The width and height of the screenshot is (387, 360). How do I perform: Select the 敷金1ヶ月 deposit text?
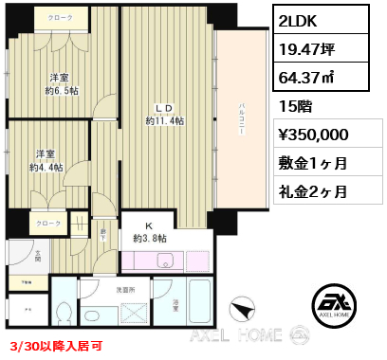[313, 164]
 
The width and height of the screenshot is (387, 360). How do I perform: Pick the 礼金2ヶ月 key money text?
[313, 190]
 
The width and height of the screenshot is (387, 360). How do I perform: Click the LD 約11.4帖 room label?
[165, 115]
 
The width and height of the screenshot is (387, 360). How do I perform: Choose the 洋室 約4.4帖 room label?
[47, 161]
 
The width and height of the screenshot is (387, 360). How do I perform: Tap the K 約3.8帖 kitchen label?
[150, 232]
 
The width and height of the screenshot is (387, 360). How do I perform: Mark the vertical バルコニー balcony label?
[242, 123]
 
